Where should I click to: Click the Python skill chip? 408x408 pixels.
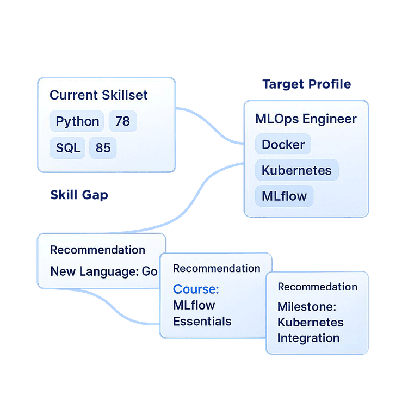click(77, 121)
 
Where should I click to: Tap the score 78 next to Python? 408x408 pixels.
click(122, 121)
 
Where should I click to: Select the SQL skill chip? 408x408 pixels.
click(67, 147)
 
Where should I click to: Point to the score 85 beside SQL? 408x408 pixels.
click(103, 147)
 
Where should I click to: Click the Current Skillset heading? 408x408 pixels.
click(98, 95)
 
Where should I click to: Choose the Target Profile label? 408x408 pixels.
click(306, 84)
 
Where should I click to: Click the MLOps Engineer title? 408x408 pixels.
click(306, 119)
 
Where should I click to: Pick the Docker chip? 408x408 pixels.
click(283, 145)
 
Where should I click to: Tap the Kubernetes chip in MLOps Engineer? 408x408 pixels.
click(296, 170)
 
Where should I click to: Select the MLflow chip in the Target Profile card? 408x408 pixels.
click(284, 196)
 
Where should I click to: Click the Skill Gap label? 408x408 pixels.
click(79, 195)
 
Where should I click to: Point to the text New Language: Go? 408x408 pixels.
click(103, 271)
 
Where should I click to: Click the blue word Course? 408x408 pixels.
click(196, 289)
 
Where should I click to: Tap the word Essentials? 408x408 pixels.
click(202, 321)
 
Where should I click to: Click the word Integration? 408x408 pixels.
click(308, 338)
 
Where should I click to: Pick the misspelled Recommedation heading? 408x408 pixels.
click(317, 287)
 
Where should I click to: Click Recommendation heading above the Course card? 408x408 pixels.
click(217, 268)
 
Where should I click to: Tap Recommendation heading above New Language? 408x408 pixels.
click(97, 250)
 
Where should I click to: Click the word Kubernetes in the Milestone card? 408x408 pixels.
click(310, 322)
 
